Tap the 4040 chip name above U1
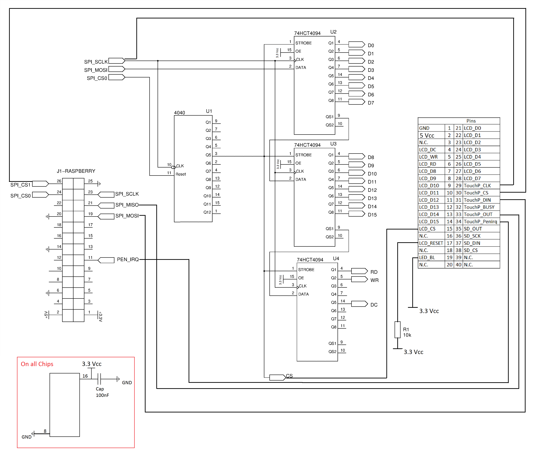click(x=180, y=113)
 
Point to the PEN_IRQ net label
click(x=128, y=259)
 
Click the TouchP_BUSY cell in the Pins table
click(x=479, y=207)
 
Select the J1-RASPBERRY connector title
click(x=76, y=171)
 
